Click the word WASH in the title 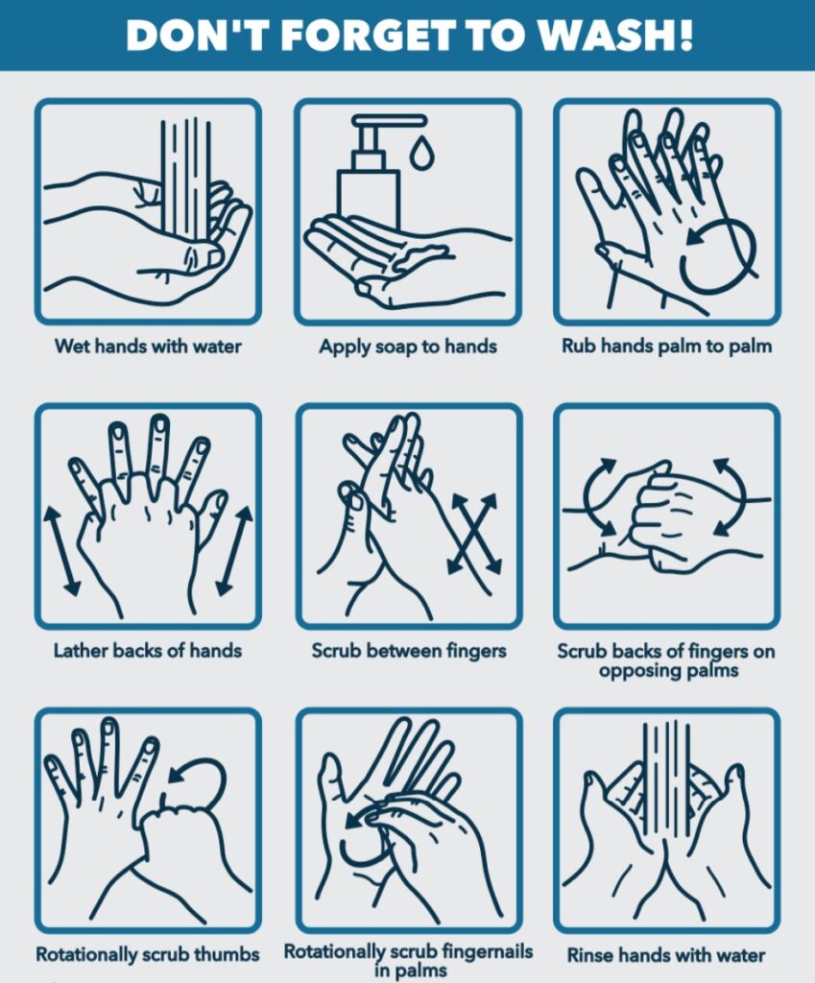click(619, 35)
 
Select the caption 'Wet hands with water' click(148, 347)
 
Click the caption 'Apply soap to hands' click(408, 347)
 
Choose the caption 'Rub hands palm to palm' click(667, 347)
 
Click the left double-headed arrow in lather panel click(57, 549)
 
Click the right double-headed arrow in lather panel click(234, 549)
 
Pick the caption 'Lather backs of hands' click(148, 650)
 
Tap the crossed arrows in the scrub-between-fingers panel click(473, 534)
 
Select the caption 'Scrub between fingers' click(408, 650)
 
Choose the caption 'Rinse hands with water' click(666, 955)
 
